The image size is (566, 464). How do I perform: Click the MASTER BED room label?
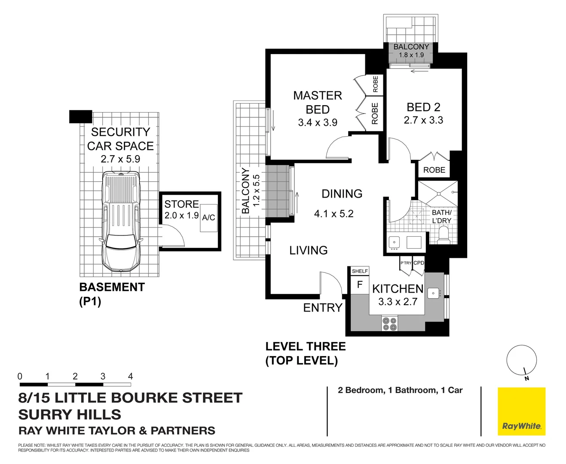point(317,102)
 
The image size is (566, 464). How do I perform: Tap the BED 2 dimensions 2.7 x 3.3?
point(423,120)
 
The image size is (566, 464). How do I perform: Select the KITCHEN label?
point(398,289)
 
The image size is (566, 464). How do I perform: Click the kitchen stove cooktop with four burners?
point(389,324)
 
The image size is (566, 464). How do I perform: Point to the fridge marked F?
point(360,284)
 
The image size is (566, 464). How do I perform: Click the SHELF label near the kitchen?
point(360,271)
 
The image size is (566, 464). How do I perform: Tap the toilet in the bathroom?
point(443,235)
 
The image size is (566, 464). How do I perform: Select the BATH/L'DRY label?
point(441,217)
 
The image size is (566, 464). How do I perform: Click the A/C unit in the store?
point(209,218)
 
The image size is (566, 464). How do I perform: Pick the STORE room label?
point(181,204)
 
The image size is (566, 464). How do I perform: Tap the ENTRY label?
point(323,308)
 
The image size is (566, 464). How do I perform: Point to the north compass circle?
point(521,360)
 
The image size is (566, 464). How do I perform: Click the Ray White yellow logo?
point(521,412)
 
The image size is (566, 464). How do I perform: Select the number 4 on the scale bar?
point(130,376)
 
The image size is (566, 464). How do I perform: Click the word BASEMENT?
point(112,287)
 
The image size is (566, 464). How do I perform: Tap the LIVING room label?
point(308,250)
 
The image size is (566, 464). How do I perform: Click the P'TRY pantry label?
point(406,263)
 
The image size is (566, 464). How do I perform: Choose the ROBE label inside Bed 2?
point(434,170)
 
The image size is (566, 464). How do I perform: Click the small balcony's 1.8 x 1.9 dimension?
point(411,55)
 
